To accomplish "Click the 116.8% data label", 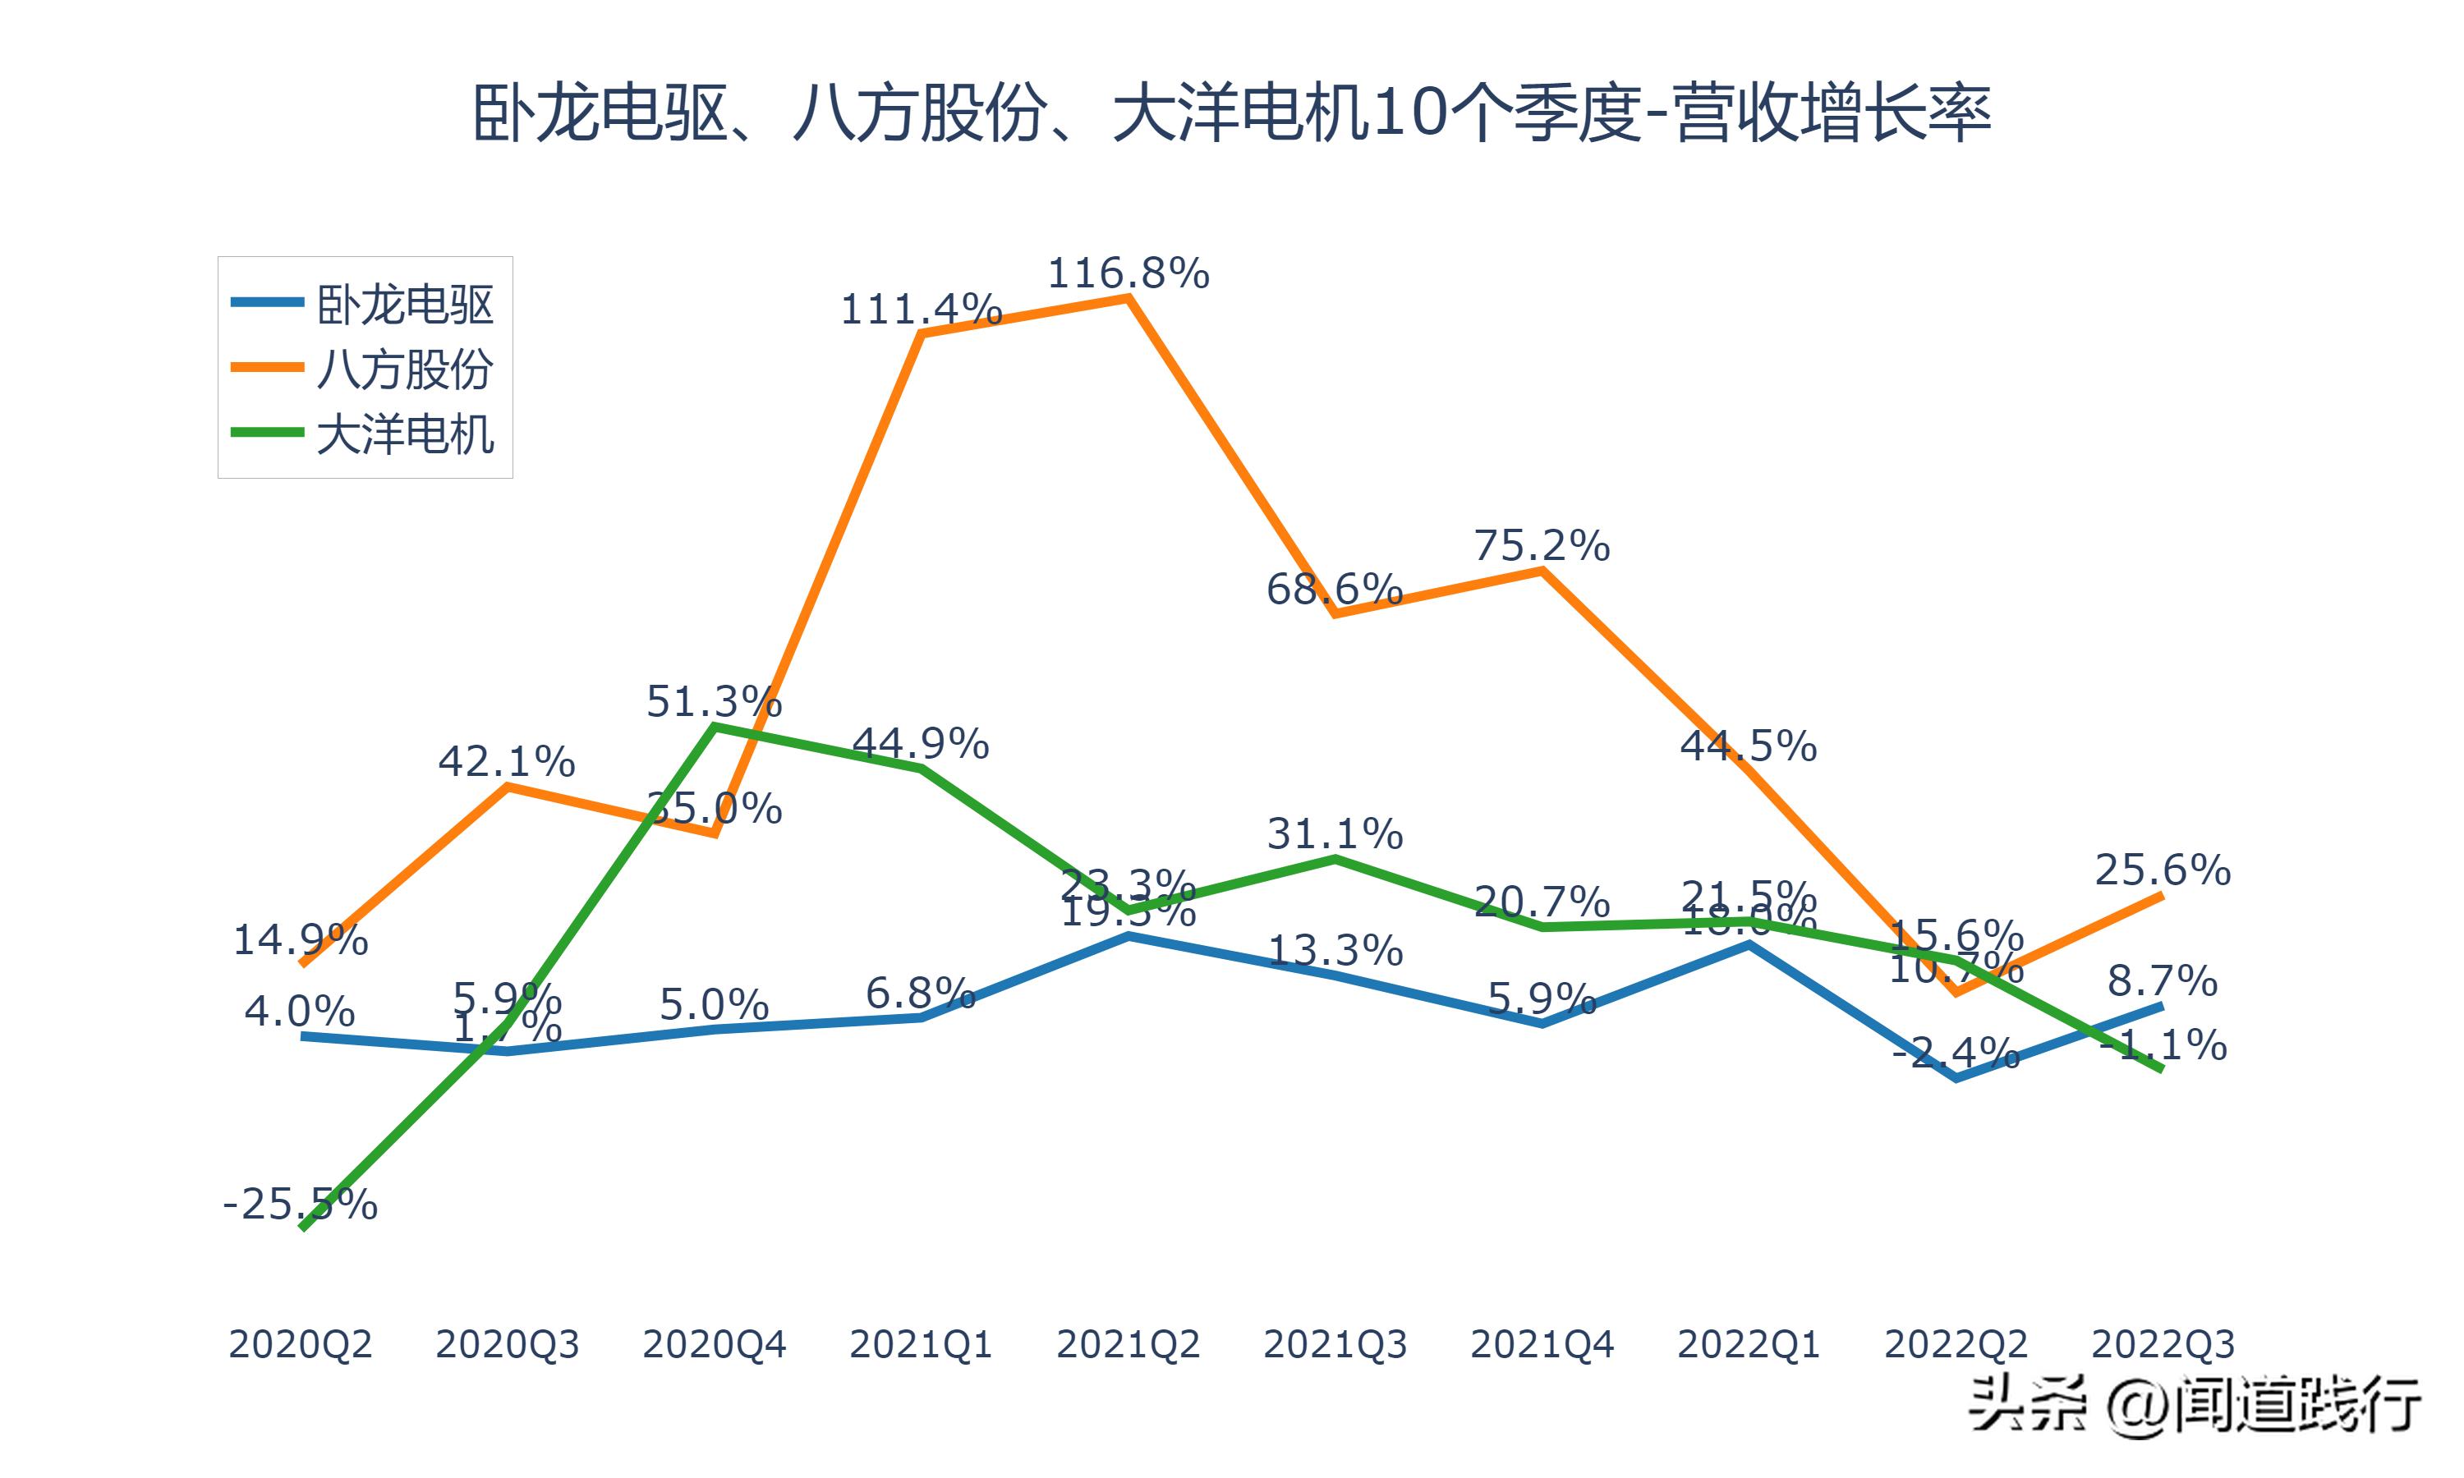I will pos(1128,273).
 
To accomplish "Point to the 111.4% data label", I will pos(922,310).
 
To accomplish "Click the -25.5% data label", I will pos(300,1204).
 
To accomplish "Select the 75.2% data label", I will pos(1541,546).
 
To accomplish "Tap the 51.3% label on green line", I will pos(714,702).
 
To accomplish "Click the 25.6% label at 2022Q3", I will pos(2163,870).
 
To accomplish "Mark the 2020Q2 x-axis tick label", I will pos(300,1344).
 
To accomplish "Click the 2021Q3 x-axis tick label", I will pos(1335,1344).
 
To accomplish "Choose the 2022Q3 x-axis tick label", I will pos(2163,1344).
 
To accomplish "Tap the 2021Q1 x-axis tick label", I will pos(922,1344).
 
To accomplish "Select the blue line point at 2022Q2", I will pos(1956,1077).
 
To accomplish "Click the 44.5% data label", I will pos(1748,746).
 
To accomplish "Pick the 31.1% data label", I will pos(1335,833).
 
